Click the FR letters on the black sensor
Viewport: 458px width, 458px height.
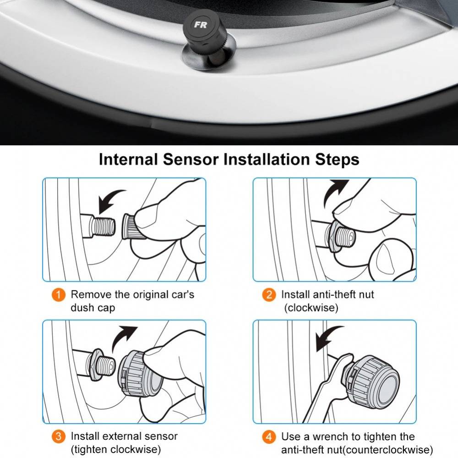200,25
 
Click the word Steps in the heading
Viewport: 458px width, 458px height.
337,160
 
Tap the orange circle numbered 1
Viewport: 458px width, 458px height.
59,294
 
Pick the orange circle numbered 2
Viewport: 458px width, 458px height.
269,294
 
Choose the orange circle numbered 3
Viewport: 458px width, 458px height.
59,436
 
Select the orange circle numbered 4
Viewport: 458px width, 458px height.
269,436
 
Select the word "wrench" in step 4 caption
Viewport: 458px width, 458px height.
326,436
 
